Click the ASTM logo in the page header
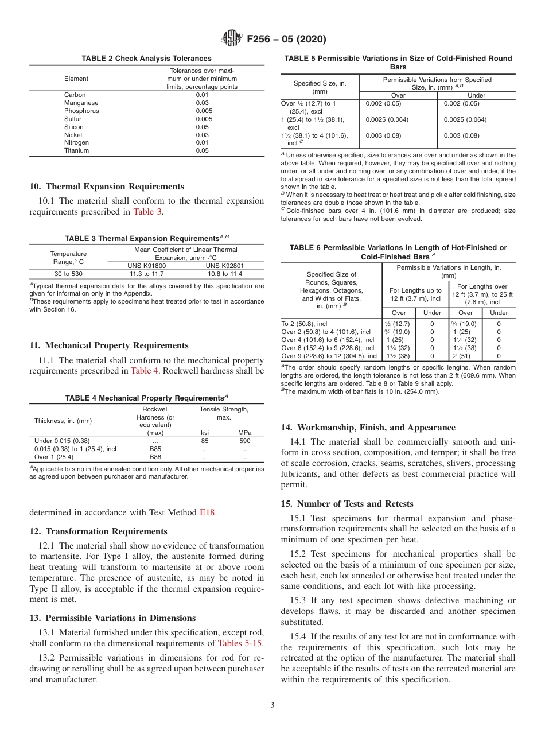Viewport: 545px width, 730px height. [x=232, y=39]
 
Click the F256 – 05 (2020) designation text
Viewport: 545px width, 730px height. [x=286, y=39]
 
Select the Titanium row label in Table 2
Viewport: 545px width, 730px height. [x=76, y=151]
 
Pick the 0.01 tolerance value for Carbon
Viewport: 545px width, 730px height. [x=202, y=95]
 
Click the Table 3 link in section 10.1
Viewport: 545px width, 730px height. [x=148, y=212]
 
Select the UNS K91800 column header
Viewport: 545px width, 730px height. [x=146, y=266]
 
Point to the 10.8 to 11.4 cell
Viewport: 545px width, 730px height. [x=224, y=274]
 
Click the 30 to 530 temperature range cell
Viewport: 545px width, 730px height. [x=68, y=274]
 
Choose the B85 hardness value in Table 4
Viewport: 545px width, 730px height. [x=155, y=449]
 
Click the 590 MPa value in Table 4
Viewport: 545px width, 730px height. [x=244, y=441]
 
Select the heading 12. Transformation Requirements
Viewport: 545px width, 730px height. [x=98, y=531]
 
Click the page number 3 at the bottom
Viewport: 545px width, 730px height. [x=272, y=705]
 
